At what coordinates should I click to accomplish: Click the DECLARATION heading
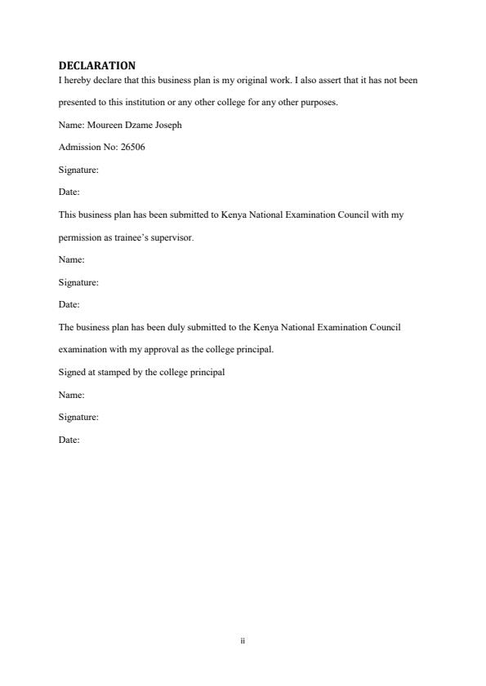[97, 65]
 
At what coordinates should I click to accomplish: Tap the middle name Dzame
[136, 126]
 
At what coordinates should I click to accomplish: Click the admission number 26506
[134, 148]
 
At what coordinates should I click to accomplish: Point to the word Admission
[78, 148]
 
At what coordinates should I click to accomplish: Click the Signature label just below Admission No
[78, 170]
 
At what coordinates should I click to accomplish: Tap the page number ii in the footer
[243, 642]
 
